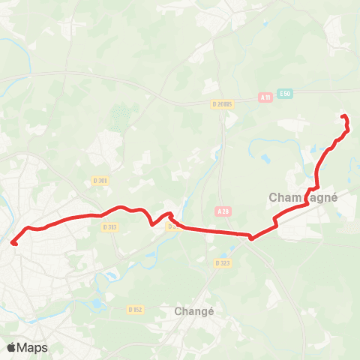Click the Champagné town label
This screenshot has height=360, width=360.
click(303, 197)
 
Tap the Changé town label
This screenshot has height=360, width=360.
click(194, 310)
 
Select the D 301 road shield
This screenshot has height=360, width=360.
click(100, 180)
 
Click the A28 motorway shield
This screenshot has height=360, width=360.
click(223, 213)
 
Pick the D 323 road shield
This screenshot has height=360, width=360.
click(221, 263)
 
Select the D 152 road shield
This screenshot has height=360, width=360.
click(135, 308)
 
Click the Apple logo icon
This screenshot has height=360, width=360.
click(11, 347)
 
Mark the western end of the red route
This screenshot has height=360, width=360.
click(13, 241)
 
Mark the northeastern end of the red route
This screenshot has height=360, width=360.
click(343, 116)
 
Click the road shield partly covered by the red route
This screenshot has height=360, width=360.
click(172, 225)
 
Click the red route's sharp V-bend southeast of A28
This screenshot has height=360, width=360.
click(252, 239)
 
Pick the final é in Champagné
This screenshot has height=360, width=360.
click(333, 197)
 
